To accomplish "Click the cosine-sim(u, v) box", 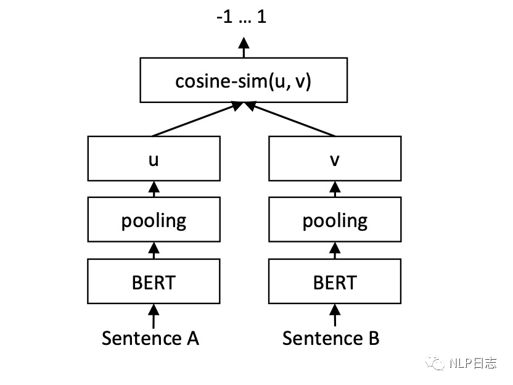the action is pos(244,80).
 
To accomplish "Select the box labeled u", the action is pos(154,159).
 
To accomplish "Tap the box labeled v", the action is pos(335,159).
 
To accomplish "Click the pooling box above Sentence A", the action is pos(154,220).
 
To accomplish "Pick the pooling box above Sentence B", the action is pos(335,220).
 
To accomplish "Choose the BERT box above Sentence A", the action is pos(154,281).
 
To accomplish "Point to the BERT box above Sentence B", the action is pos(335,281).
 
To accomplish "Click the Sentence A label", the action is pos(150,338).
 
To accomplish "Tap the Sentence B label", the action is pos(330,338).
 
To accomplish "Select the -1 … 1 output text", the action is pos(242,17).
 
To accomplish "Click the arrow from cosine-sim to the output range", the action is pos(244,48).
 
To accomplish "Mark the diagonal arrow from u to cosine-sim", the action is pos(197,119).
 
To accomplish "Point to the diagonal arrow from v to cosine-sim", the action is pos(290,119).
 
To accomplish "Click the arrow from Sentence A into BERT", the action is pos(154,317).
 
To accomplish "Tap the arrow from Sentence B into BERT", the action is pos(335,315).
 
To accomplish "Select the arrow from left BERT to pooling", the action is pos(154,250).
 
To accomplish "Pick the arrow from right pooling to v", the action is pos(335,189).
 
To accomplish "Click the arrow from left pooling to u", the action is pos(154,189).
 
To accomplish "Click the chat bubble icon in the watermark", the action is pos(435,363).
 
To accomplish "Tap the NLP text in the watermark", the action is pos(461,363).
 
